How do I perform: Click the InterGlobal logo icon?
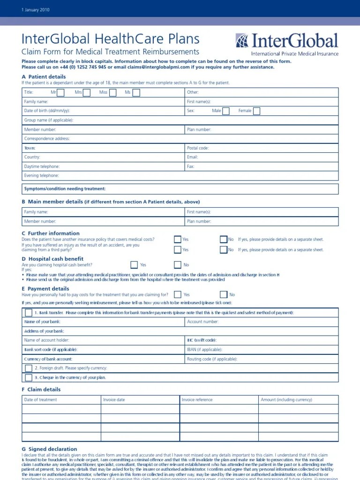242,41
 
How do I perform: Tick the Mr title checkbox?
60,92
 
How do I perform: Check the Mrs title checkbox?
86,92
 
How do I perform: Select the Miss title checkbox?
113,92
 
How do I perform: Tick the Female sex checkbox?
256,111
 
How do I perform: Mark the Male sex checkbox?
226,111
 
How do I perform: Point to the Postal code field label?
198,148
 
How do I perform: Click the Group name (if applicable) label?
49,120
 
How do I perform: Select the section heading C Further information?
51,233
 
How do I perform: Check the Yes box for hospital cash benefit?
134,265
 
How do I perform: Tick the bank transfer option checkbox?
29,313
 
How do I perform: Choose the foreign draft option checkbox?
29,368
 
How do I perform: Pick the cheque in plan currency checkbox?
29,377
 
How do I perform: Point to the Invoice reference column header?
197,400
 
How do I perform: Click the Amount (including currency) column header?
286,400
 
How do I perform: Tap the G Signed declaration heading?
49,449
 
